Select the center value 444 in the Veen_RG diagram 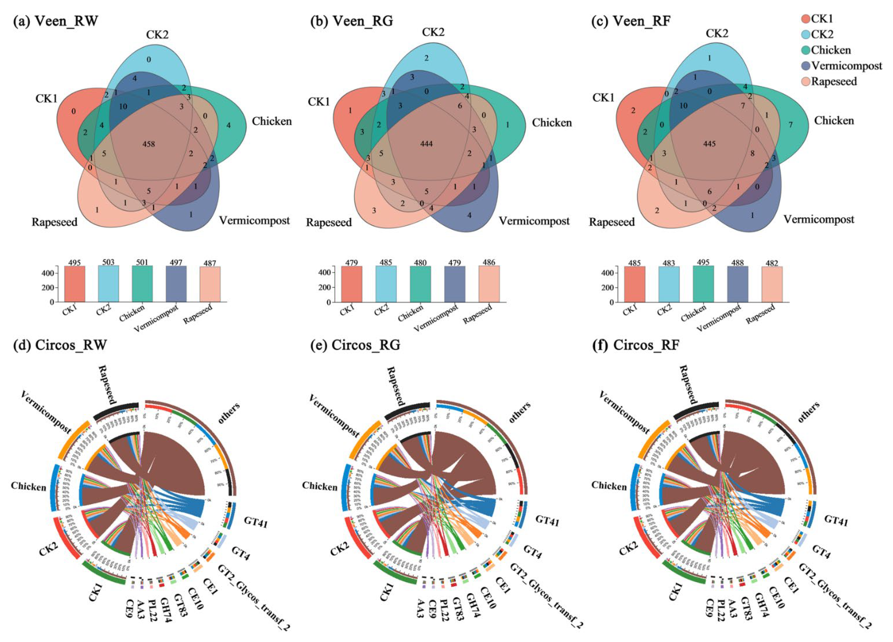pos(426,144)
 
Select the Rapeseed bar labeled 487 pos(210,284)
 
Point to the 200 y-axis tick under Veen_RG pos(326,287)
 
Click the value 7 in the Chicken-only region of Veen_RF pos(790,125)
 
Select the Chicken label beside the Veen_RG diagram pos(552,123)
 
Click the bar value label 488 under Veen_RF pos(737,263)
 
